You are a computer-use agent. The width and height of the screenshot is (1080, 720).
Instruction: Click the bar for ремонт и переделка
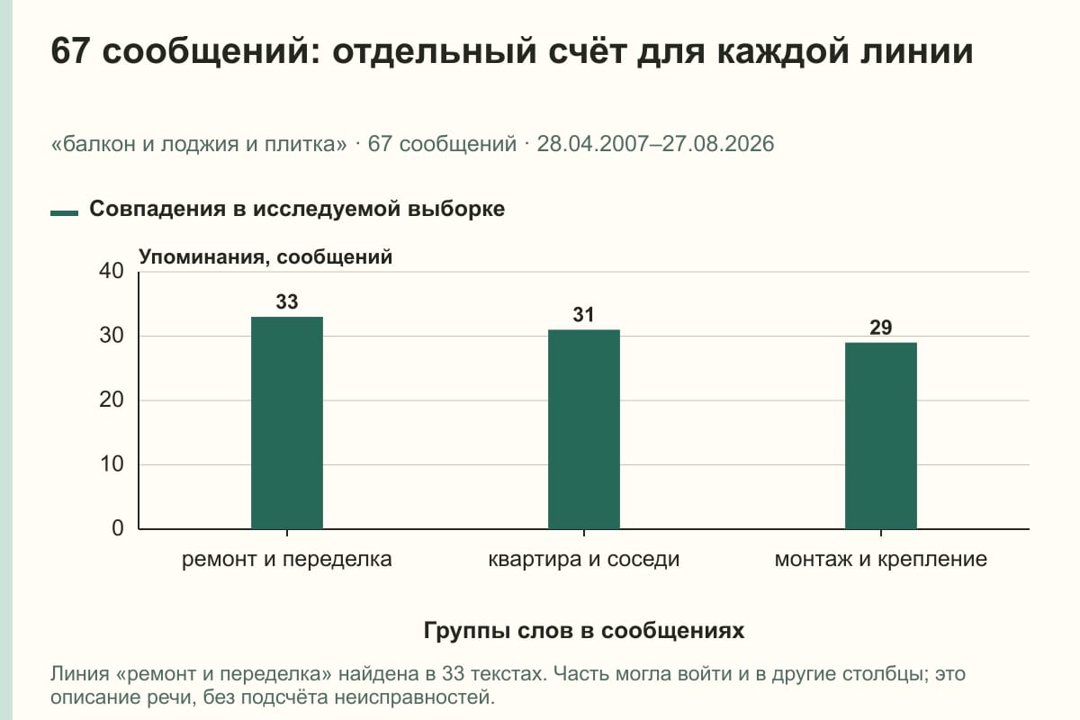[287, 423]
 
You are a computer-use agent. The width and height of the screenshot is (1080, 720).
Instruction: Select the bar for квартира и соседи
[584, 429]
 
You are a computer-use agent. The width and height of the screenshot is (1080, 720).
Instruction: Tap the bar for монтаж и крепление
[881, 436]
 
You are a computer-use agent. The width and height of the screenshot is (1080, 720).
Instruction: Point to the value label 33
[287, 301]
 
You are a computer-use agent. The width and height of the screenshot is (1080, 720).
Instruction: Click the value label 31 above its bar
[583, 315]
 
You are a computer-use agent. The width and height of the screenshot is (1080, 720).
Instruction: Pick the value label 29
[881, 328]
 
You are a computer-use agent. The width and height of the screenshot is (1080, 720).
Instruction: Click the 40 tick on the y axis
[112, 271]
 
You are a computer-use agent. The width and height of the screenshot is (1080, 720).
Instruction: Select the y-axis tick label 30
[112, 336]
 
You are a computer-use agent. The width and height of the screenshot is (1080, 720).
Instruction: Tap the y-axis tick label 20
[112, 400]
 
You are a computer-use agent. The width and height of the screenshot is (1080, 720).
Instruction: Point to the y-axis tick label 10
[112, 464]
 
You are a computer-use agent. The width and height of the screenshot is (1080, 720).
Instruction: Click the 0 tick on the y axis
[118, 528]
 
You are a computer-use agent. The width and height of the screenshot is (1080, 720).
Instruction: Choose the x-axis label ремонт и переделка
[287, 560]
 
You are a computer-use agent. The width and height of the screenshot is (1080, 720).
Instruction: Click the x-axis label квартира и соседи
[584, 560]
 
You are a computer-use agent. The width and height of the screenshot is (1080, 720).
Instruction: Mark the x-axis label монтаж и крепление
[881, 560]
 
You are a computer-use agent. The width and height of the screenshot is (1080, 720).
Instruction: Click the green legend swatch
[64, 213]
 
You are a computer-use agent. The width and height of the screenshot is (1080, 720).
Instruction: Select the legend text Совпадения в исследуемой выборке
[297, 209]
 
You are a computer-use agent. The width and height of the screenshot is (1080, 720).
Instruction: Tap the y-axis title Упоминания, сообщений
[265, 256]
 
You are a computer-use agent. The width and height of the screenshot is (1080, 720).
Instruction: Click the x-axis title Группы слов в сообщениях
[584, 630]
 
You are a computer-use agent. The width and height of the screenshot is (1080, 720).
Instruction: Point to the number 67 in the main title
[70, 50]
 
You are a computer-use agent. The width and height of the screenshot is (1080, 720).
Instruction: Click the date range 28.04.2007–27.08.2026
[656, 144]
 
